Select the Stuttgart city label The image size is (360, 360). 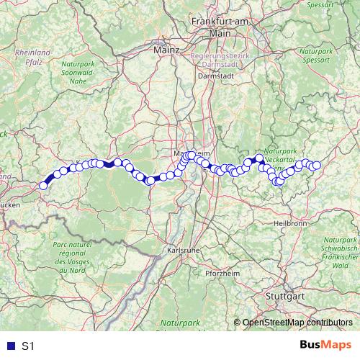285,296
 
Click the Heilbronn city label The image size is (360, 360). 291,223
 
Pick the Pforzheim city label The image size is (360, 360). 221,274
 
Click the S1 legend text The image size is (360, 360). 28,346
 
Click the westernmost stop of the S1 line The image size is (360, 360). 43,185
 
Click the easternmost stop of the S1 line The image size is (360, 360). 316,166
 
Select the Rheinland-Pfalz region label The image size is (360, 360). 33,57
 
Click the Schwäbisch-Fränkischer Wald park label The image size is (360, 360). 341,256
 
